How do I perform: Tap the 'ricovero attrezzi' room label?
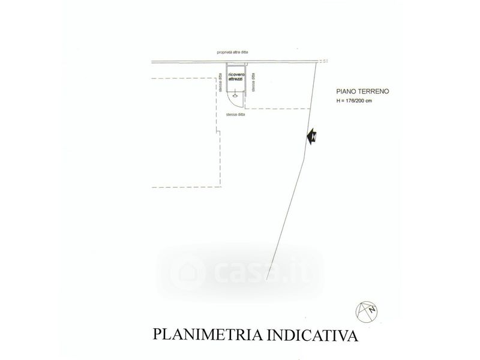[x=236, y=77]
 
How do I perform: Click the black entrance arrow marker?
[x=312, y=137]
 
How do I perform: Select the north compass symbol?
[x=367, y=309]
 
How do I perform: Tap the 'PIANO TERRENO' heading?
[x=363, y=92]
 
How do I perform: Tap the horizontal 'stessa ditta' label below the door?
[x=235, y=114]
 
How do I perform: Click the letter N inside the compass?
[x=372, y=310]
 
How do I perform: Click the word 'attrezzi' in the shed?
[x=236, y=80]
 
